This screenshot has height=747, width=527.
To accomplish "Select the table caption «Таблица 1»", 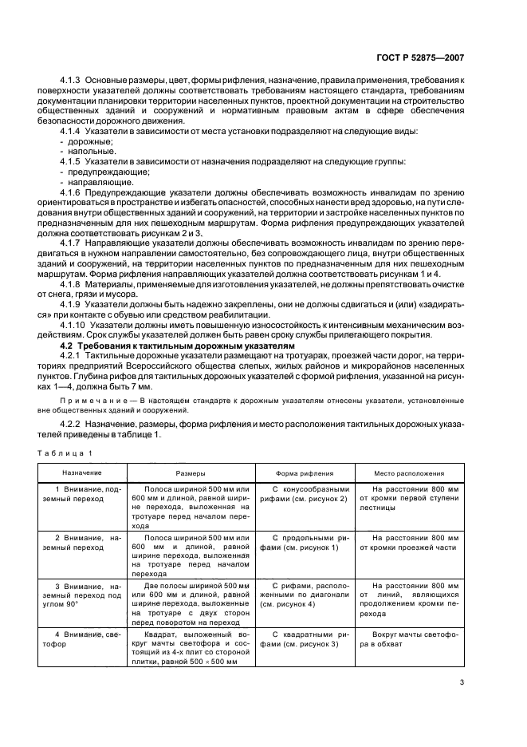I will click(65, 453).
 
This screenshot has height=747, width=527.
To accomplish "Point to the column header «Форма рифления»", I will click(305, 472).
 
